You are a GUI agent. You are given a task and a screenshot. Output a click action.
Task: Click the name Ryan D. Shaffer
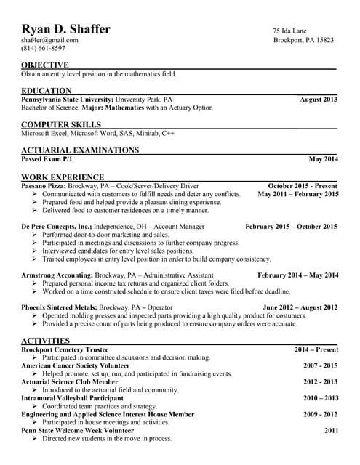point(66,29)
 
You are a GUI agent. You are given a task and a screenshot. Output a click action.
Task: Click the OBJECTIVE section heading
point(45,65)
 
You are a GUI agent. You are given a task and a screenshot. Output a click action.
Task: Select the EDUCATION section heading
point(46,91)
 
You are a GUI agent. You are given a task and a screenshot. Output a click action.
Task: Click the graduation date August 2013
point(319,99)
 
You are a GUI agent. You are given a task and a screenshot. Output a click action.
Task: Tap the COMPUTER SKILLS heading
point(61,125)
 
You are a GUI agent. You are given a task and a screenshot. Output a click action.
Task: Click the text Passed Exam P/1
point(47,158)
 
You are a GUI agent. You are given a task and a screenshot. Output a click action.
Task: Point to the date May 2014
point(324,158)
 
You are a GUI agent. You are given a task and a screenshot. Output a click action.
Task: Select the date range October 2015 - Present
point(303,185)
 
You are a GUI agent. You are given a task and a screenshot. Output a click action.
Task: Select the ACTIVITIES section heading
point(45,341)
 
